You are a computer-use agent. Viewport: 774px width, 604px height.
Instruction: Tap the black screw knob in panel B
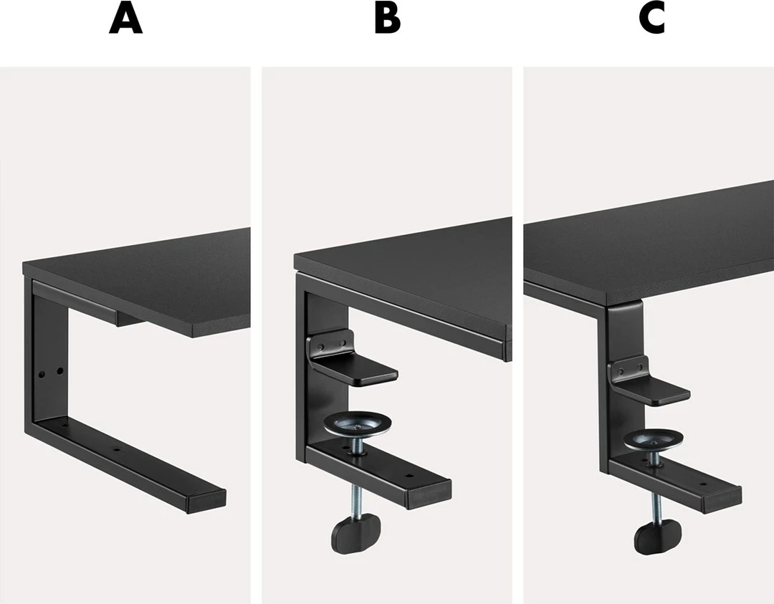[356, 533]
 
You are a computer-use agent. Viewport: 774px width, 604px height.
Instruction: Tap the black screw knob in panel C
[658, 538]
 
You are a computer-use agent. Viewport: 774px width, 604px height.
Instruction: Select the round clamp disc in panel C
[653, 439]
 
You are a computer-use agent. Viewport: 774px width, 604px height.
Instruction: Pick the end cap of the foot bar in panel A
[207, 502]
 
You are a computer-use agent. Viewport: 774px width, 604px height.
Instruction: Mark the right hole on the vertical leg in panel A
[59, 370]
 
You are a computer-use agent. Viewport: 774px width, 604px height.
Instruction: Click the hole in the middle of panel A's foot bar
[117, 449]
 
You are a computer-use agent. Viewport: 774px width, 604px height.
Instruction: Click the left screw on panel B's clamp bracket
[321, 348]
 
